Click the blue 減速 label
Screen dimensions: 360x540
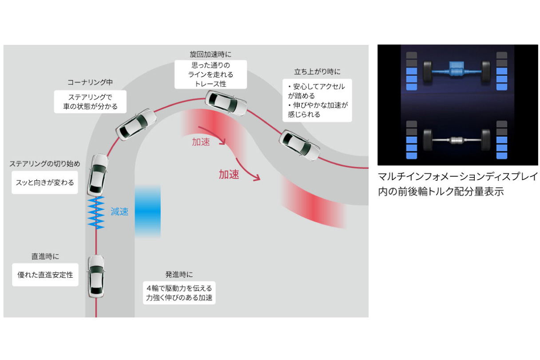(119, 212)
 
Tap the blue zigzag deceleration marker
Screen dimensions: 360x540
(96, 212)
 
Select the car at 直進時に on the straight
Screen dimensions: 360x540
(96, 276)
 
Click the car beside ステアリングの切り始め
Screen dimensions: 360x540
(98, 175)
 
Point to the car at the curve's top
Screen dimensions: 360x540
(226, 104)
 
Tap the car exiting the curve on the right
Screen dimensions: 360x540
(300, 145)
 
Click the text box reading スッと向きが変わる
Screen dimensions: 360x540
(44, 182)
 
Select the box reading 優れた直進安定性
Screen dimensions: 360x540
(45, 275)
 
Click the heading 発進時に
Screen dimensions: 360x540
(179, 275)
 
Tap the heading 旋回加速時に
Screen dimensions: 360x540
(210, 54)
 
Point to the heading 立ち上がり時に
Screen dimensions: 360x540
(317, 72)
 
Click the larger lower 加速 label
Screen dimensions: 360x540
(229, 175)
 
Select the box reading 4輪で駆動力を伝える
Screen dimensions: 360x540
(179, 293)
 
